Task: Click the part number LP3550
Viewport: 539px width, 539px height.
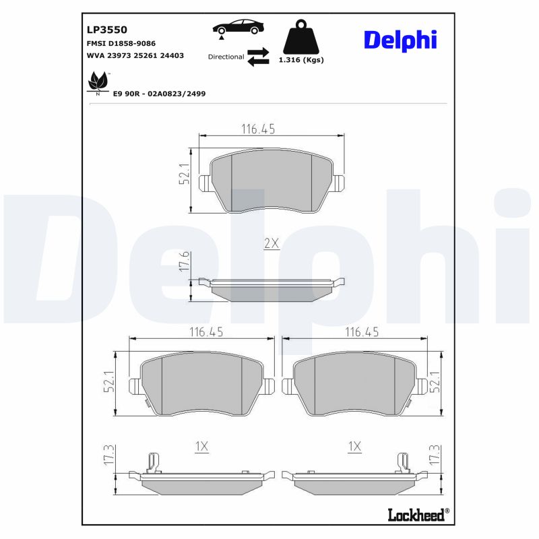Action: point(107,30)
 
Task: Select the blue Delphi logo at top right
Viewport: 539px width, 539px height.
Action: point(400,40)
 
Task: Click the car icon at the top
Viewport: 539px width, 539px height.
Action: point(239,28)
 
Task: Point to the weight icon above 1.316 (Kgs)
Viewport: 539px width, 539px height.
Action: point(301,38)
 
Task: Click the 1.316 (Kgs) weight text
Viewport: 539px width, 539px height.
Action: point(301,60)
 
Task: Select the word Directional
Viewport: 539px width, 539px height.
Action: point(226,57)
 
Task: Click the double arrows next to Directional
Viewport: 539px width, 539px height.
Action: point(258,57)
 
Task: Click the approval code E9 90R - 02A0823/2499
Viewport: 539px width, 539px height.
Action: point(160,94)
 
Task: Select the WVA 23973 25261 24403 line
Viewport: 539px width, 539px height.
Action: point(135,56)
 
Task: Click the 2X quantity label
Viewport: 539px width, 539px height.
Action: point(271,244)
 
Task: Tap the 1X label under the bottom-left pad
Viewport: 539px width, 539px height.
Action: point(202,446)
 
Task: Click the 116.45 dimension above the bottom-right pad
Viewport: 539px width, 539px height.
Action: point(362,331)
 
